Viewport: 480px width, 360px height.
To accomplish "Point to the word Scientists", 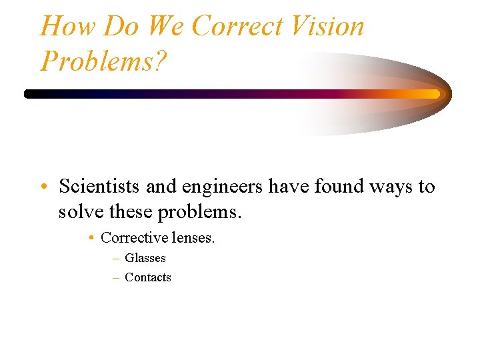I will tap(99, 187).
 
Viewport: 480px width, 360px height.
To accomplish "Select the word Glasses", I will tap(145, 258).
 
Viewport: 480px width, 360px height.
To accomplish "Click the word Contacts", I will tap(148, 277).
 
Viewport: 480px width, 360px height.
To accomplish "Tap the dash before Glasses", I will tap(116, 259).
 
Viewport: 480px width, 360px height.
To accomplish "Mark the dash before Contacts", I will tap(116, 278).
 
